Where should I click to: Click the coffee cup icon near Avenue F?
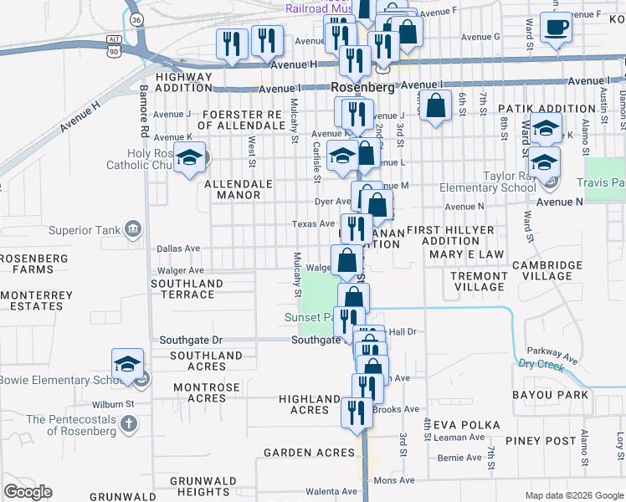pyautogui.click(x=554, y=28)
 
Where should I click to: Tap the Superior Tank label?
pyautogui.click(x=82, y=230)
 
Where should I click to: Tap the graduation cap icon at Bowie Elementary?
pyautogui.click(x=127, y=364)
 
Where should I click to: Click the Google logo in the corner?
pyautogui.click(x=28, y=492)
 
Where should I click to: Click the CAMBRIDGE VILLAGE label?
pyautogui.click(x=547, y=270)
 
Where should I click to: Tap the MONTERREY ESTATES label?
pyautogui.click(x=32, y=300)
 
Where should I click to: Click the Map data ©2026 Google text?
pyautogui.click(x=573, y=495)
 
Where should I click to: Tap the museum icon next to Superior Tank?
pyautogui.click(x=132, y=229)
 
